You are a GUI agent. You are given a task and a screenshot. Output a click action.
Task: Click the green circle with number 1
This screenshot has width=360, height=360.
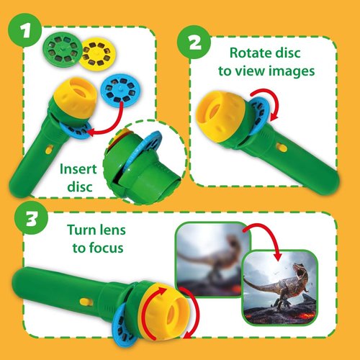[x=25, y=30]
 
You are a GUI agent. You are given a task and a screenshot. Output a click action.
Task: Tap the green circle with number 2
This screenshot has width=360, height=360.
[x=194, y=42]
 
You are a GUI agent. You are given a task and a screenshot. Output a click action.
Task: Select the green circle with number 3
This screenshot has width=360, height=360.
[x=31, y=217]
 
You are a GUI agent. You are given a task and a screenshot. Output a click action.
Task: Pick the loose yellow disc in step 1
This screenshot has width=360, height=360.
[x=98, y=53]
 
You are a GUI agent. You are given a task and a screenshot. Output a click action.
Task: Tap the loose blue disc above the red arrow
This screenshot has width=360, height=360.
[x=120, y=89]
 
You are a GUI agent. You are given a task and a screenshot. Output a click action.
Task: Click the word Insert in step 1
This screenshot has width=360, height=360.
[x=78, y=169]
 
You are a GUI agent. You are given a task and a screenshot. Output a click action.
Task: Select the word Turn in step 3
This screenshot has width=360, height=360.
[x=80, y=230]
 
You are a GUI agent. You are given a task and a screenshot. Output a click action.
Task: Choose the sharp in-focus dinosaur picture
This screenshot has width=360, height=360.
[x=280, y=288]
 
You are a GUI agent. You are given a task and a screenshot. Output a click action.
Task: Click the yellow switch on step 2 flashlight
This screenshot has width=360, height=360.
[x=282, y=148]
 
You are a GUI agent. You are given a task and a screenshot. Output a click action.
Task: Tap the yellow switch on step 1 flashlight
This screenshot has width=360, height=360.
[x=49, y=150]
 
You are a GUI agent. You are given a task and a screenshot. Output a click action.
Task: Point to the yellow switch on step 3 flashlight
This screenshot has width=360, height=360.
[x=85, y=302]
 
